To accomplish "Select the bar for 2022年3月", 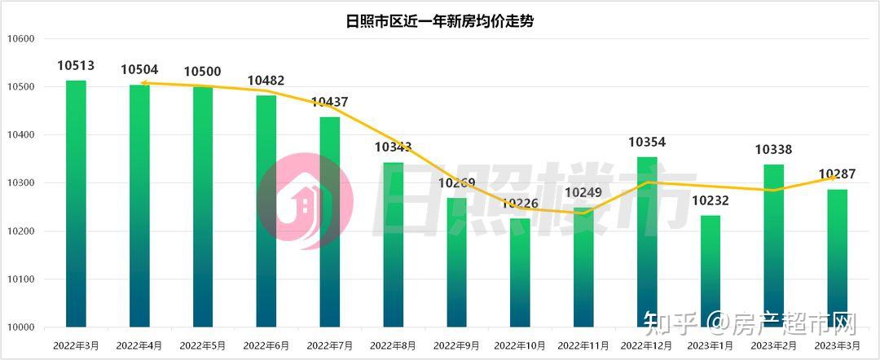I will tap(76, 204).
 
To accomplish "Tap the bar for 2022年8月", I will tap(394, 244).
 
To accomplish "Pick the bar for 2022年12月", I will tap(647, 242).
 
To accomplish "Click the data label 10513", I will tap(76, 65).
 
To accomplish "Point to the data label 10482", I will tap(266, 81).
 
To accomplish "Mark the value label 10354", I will tap(647, 143).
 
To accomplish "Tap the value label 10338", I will tap(773, 150).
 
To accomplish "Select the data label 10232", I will tap(711, 200).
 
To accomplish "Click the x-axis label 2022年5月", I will tap(203, 345).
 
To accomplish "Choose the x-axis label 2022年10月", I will tap(520, 345).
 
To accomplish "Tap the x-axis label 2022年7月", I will tap(330, 345).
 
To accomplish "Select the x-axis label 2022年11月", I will tap(583, 345).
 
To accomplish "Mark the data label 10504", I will tap(139, 70).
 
